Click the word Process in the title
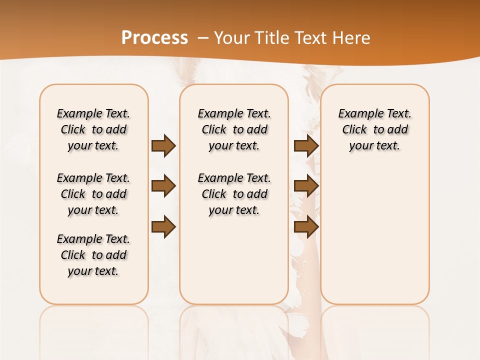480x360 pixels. click(154, 37)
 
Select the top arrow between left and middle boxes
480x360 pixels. click(163, 145)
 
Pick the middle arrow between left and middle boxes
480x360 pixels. click(163, 186)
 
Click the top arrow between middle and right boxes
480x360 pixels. click(306, 145)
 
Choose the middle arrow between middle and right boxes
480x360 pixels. click(306, 186)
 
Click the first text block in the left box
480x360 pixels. click(93, 129)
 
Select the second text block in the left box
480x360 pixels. click(93, 194)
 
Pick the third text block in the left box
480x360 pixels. click(93, 255)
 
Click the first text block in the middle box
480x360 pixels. click(234, 129)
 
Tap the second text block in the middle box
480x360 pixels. click(234, 194)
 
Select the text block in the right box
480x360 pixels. click(375, 129)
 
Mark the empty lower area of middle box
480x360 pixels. click(234, 260)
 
